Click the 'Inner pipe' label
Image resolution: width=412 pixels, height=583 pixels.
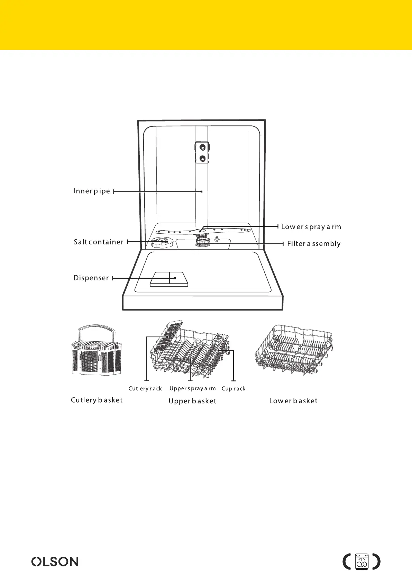pyautogui.click(x=92, y=191)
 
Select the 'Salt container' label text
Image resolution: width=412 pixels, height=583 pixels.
pyautogui.click(x=99, y=242)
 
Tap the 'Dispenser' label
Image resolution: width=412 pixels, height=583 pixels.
pyautogui.click(x=91, y=278)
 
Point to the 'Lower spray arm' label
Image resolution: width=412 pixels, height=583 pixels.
pyautogui.click(x=311, y=227)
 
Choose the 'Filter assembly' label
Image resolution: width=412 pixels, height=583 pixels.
pyautogui.click(x=314, y=244)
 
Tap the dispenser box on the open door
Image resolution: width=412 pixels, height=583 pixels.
pyautogui.click(x=169, y=279)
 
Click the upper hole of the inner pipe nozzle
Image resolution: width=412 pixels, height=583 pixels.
pyautogui.click(x=202, y=147)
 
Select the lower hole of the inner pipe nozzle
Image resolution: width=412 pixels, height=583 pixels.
pyautogui.click(x=202, y=159)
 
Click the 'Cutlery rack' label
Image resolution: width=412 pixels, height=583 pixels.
pyautogui.click(x=145, y=388)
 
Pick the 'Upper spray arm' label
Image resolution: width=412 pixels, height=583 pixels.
pyautogui.click(x=192, y=388)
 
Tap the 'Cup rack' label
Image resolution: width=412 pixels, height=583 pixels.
pyautogui.click(x=234, y=388)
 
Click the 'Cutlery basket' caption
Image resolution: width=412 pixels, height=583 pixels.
pyautogui.click(x=97, y=400)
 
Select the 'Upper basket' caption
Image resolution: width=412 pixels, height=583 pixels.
pyautogui.click(x=192, y=401)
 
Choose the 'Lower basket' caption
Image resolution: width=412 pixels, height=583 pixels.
pyautogui.click(x=293, y=401)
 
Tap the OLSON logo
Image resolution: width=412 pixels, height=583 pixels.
pyautogui.click(x=55, y=562)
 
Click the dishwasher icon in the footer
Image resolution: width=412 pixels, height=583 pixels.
pyautogui.click(x=362, y=562)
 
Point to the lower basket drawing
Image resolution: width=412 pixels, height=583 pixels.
pyautogui.click(x=294, y=350)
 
